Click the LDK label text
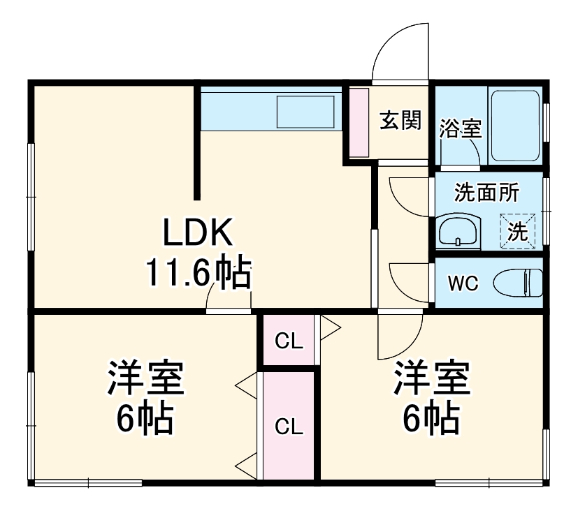coord(198,234)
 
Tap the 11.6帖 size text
coord(198,273)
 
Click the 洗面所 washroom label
coord(486,192)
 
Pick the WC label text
coord(462,284)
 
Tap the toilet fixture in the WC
coord(517,283)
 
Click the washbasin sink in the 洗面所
coord(458,231)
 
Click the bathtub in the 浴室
coord(514,125)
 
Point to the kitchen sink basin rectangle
coord(305,111)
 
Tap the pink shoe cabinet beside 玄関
coord(358,123)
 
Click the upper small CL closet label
coord(289,341)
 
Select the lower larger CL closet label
coord(289,427)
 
